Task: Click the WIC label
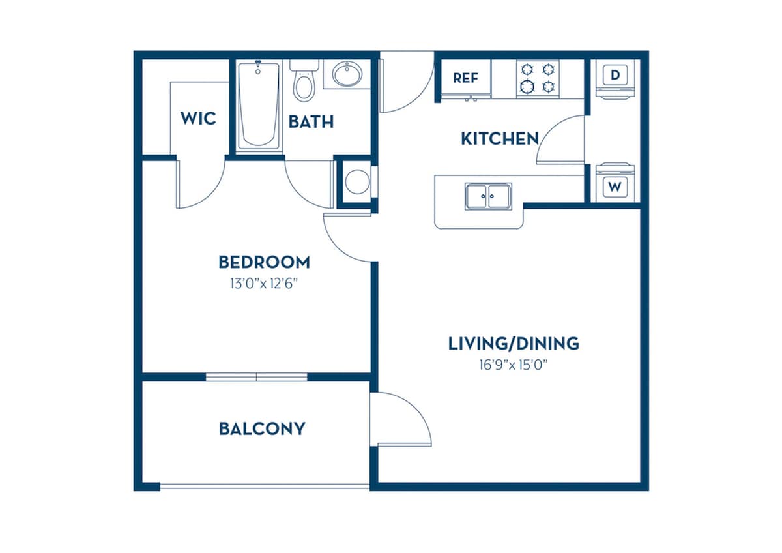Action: pos(198,119)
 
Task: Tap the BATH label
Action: pos(311,122)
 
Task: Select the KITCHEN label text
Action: pos(500,139)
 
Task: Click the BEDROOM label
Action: pos(264,262)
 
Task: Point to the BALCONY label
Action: pos(262,428)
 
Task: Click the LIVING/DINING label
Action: pos(514,344)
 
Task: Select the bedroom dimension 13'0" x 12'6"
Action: pos(264,284)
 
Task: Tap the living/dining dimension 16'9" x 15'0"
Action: pos(514,365)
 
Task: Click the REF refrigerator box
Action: pos(466,77)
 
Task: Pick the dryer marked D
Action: pos(615,79)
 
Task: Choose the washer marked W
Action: pos(615,183)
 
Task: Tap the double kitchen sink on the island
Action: pos(488,196)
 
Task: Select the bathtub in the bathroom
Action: pos(259,106)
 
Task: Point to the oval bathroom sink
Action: pos(347,74)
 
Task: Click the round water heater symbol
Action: pos(357,182)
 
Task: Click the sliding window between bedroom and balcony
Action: pos(257,377)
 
